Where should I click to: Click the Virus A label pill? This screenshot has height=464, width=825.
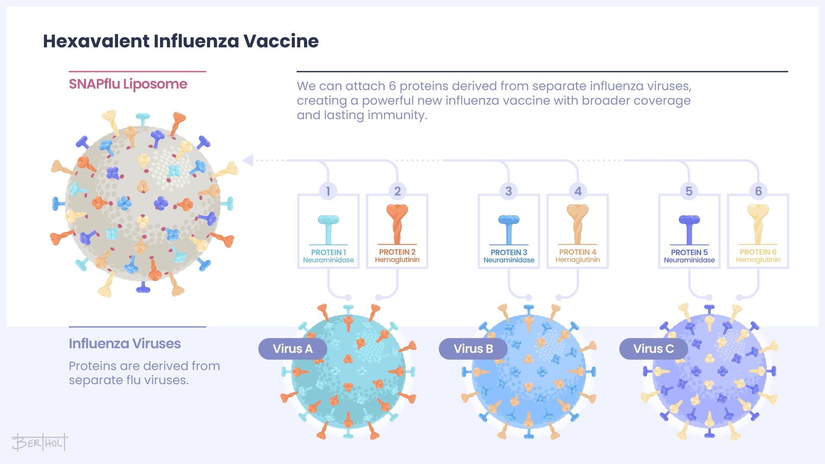293,349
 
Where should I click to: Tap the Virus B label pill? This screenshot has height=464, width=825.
473,349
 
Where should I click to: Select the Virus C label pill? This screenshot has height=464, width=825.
654,349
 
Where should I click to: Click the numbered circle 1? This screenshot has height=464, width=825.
328,191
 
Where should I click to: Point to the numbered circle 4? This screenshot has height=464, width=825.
578,191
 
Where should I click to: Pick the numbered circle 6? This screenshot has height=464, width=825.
758,191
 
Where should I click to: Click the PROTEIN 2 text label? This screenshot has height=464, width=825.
397,252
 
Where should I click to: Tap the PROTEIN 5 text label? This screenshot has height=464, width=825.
689,252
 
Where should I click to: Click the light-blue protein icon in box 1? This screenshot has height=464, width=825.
328,229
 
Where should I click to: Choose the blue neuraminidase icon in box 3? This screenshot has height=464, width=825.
509,229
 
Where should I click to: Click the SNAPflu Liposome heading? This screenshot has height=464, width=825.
128,84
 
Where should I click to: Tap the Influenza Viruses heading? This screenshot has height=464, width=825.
125,344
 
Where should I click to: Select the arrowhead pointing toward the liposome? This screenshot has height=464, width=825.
248,160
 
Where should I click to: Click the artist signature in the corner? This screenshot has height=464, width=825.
39,443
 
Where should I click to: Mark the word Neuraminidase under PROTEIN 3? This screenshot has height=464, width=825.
509,260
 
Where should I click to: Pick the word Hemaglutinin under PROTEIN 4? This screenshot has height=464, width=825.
577,260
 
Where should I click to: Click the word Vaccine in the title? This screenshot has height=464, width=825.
281,41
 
